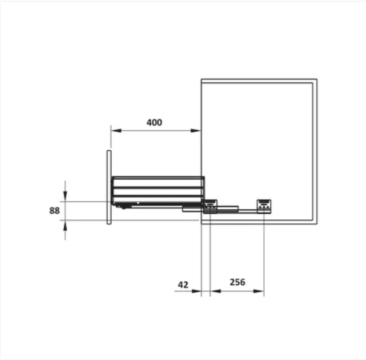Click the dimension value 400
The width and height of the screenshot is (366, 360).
pos(154,122)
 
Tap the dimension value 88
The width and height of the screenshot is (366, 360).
pos(55,211)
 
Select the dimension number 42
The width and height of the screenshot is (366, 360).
pos(183,284)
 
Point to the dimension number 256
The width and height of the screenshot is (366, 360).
pos(238,282)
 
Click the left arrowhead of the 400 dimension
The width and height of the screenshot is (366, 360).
pos(117,130)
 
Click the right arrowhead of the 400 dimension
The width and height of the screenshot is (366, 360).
pos(196,130)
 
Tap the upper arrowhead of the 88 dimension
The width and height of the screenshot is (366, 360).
pos(65,196)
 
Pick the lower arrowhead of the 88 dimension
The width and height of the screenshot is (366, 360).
pos(65,225)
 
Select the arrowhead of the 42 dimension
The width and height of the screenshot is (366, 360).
pos(196,291)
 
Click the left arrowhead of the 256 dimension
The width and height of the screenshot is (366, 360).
pos(215,291)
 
